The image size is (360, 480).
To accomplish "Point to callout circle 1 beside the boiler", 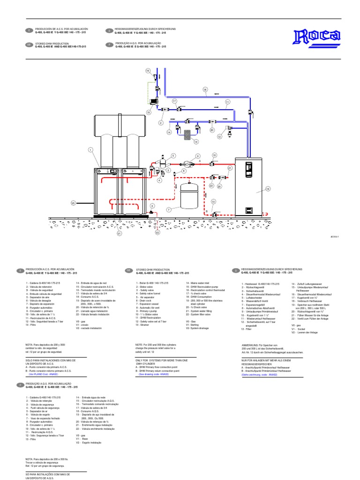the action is pos(90,150).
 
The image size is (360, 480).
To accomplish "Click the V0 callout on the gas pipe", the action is pos(73,203).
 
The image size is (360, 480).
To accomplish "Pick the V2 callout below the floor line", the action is pos(157,232).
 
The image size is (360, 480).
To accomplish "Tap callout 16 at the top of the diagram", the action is pos(148,71).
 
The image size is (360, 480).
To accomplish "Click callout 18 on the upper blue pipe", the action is pos(205,89).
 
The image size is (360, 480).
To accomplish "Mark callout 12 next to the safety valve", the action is pos(219,137).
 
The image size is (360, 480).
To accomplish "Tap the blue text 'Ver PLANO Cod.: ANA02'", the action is pos(45,375).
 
